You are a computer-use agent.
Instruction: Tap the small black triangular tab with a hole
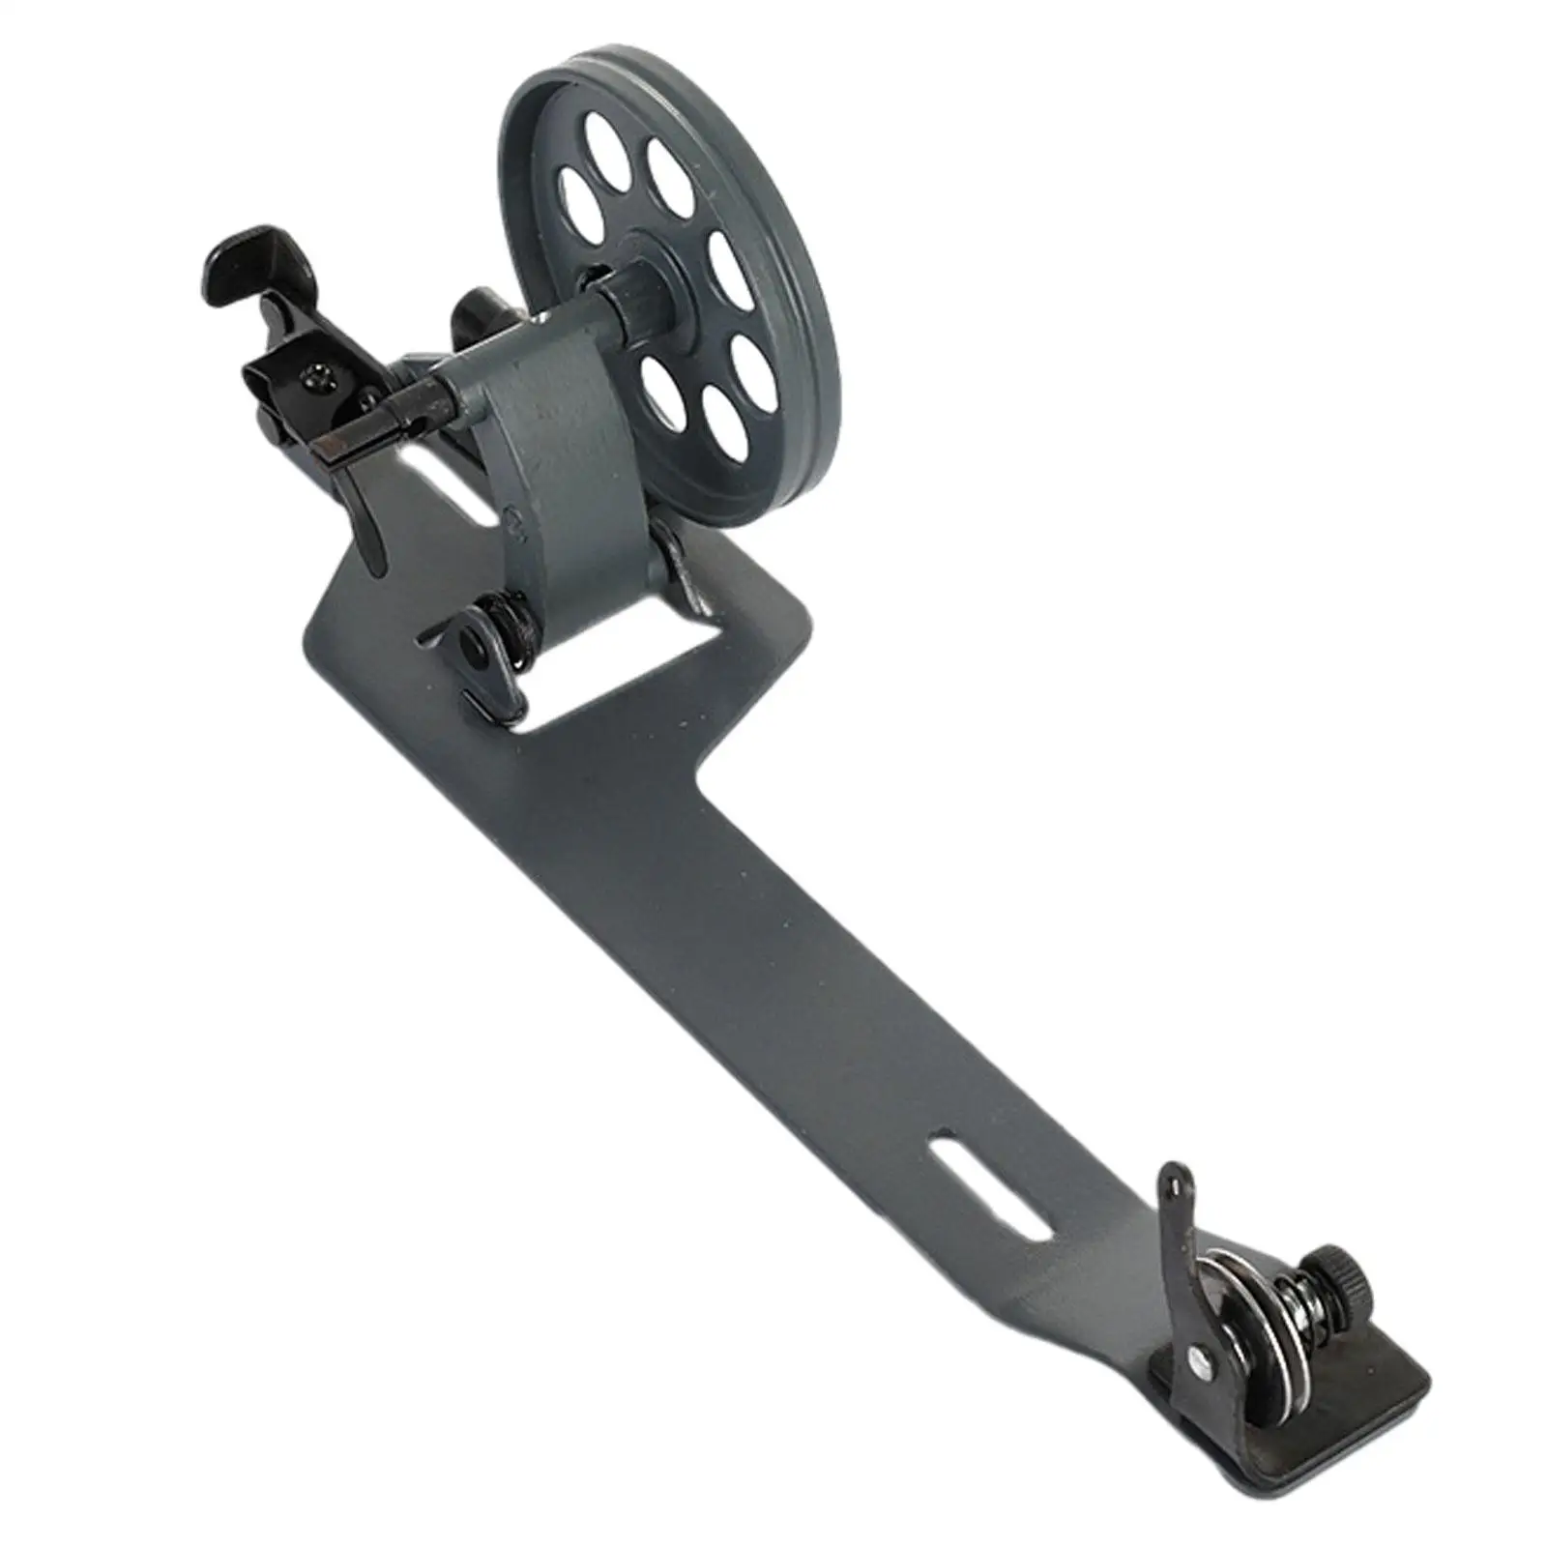471,642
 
